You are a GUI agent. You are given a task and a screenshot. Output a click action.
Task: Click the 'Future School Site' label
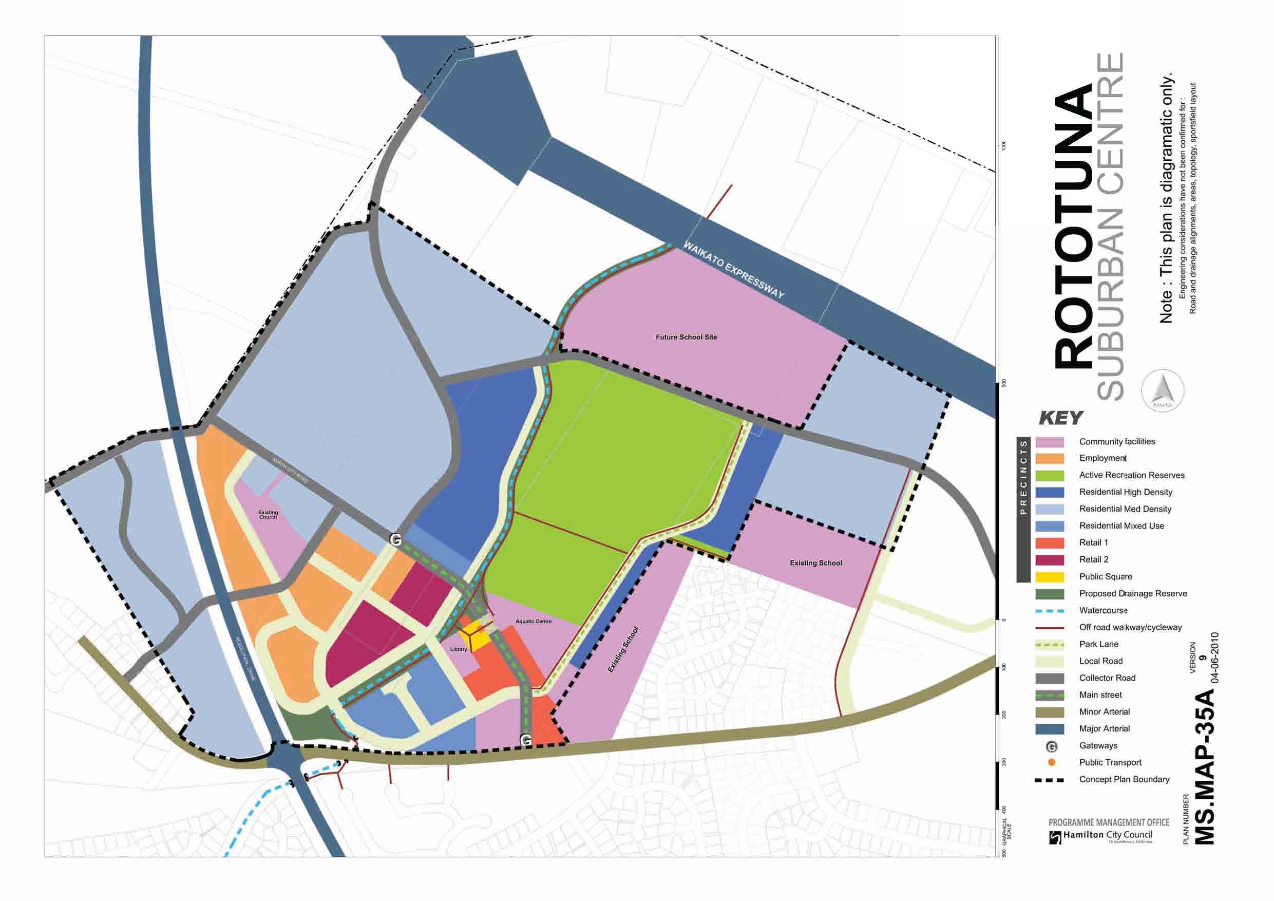686,337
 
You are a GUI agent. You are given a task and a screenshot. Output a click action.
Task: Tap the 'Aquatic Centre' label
533,621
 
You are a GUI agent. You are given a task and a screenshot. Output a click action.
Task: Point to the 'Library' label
459,649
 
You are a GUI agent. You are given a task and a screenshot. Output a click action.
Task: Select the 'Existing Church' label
268,515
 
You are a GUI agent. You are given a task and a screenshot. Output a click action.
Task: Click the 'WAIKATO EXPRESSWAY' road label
734,270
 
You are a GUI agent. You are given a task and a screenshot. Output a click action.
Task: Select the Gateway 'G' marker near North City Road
395,539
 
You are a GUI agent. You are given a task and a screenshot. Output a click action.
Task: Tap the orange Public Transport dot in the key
1051,762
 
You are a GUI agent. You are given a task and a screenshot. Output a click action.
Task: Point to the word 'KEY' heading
1060,418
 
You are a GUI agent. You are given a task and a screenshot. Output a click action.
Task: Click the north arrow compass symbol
1163,390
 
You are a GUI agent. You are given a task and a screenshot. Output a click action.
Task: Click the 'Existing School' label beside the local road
815,563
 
